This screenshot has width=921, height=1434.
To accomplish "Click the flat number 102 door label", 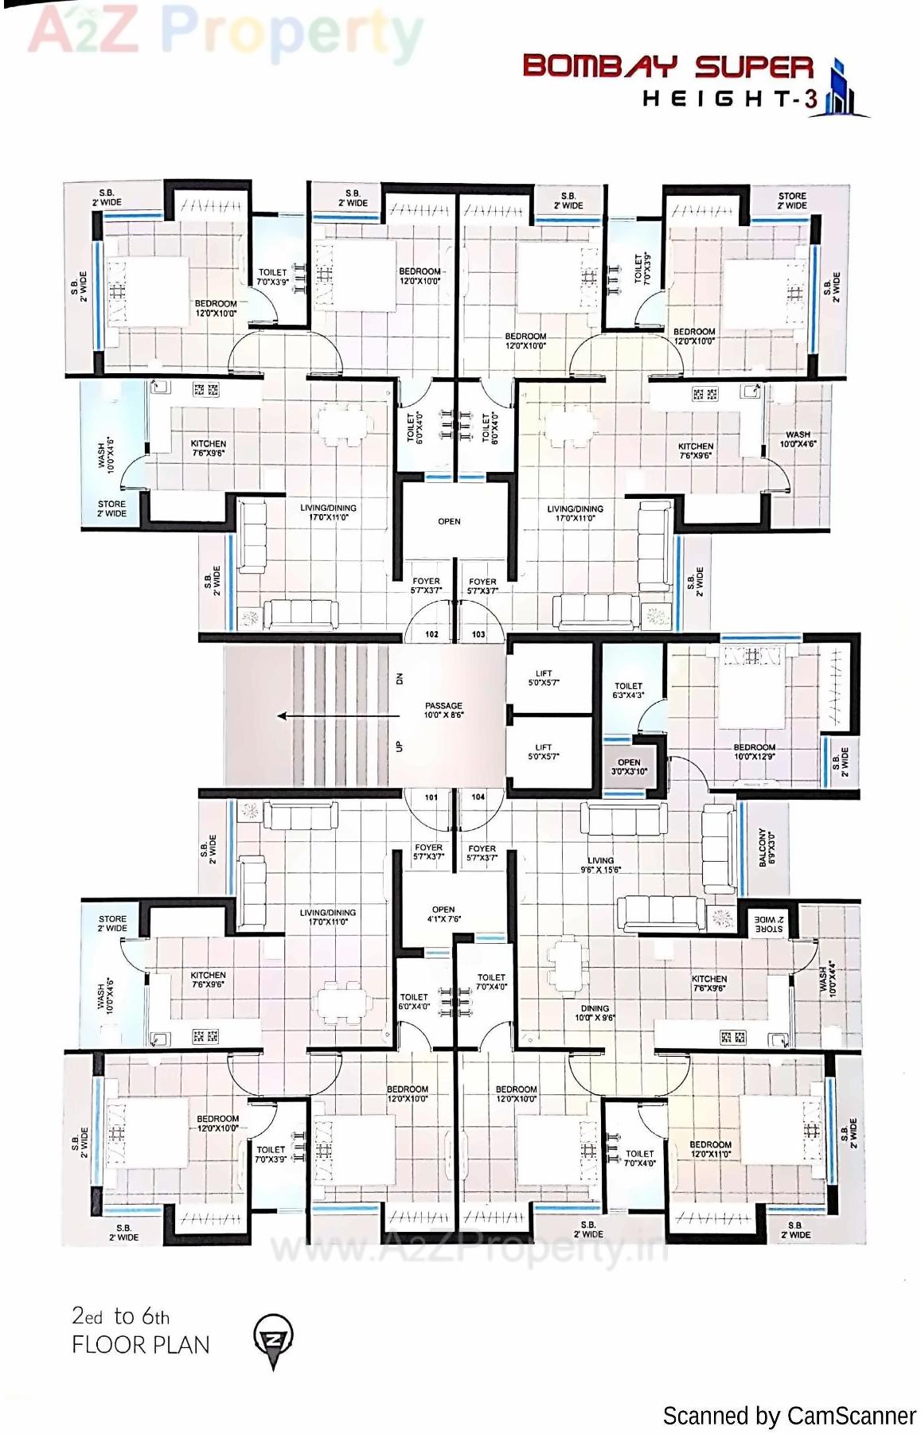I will point(431,634).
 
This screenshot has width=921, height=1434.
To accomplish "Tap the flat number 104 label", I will point(478,797).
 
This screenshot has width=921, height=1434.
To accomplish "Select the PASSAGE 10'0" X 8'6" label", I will point(443,710).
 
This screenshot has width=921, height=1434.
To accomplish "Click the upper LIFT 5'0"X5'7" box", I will point(544,678).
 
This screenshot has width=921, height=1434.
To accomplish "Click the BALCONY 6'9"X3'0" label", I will point(766,847).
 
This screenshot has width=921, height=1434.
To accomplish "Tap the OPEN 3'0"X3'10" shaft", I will point(629,767).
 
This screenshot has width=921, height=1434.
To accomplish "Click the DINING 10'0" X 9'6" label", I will point(595,1012).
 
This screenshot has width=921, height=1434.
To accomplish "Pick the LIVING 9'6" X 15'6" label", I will point(601,865).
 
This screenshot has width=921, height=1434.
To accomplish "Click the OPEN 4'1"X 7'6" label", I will point(443,914).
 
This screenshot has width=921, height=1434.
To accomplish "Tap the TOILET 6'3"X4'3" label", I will point(628,690).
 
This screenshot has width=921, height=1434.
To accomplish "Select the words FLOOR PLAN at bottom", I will point(141,1345).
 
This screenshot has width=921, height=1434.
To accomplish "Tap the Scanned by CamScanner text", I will point(789,1416).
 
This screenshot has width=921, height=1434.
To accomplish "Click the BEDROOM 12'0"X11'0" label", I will point(710,1149).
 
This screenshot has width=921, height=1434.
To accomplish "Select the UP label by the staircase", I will point(399,746).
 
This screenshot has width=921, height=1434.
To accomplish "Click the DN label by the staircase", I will point(399,679).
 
